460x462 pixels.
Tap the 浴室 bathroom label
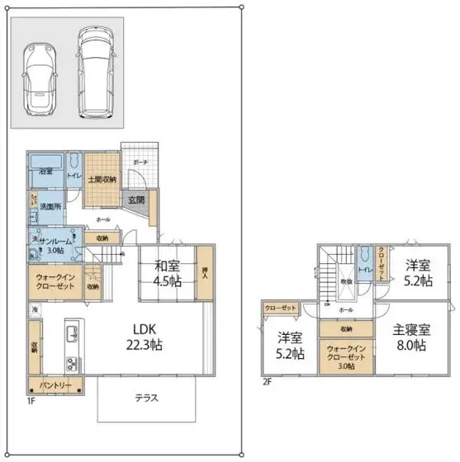tap(46, 172)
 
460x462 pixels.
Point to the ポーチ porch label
tap(140, 163)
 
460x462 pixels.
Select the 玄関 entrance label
tap(136, 200)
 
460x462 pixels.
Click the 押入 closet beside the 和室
tap(206, 271)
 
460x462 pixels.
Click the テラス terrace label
tap(147, 398)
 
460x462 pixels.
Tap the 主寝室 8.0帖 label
tap(410, 337)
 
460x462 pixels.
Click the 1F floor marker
tap(31, 401)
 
